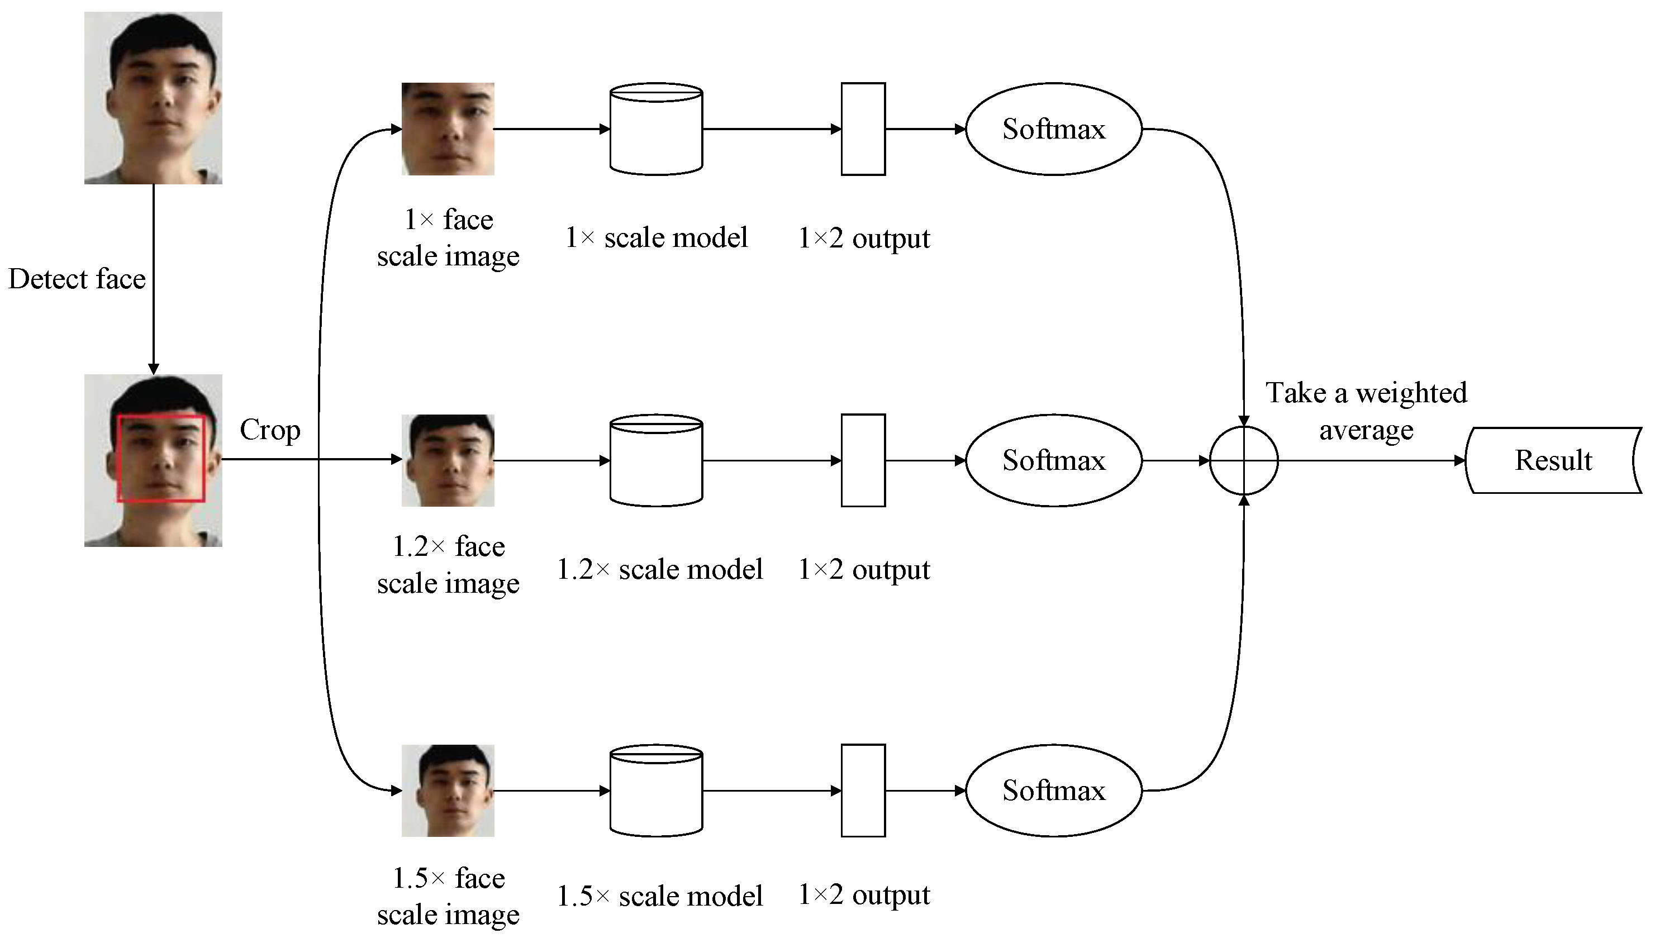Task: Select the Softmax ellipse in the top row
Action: tap(1053, 129)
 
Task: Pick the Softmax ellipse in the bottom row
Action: tap(1053, 791)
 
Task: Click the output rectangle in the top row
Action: tap(863, 129)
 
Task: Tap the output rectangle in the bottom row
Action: tap(863, 791)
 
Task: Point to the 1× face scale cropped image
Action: tap(448, 129)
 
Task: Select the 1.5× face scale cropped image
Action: tap(448, 791)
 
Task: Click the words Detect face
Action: tap(77, 279)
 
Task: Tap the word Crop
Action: tap(269, 430)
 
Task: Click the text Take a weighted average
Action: tap(1366, 411)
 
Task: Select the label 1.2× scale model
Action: tap(659, 569)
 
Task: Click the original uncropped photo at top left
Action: tap(153, 98)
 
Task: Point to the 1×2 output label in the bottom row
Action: tap(863, 895)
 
